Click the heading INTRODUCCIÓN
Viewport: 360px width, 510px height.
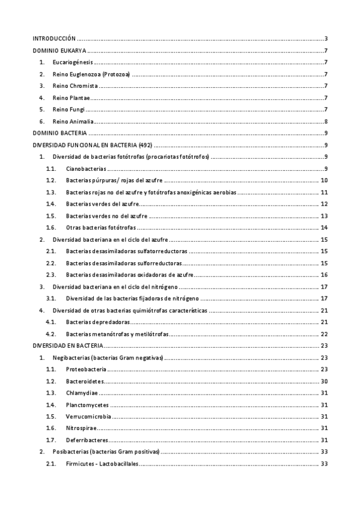[x=54, y=38]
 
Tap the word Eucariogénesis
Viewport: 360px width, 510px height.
[x=72, y=63]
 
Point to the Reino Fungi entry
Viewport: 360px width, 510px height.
[x=69, y=109]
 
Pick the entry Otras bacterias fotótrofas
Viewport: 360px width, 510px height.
[x=100, y=227]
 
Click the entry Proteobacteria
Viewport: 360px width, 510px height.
[x=88, y=369]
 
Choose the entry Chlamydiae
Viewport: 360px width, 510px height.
[x=82, y=392]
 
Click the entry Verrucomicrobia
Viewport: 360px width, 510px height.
[x=89, y=416]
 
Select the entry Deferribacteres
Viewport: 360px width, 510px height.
[x=88, y=440]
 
